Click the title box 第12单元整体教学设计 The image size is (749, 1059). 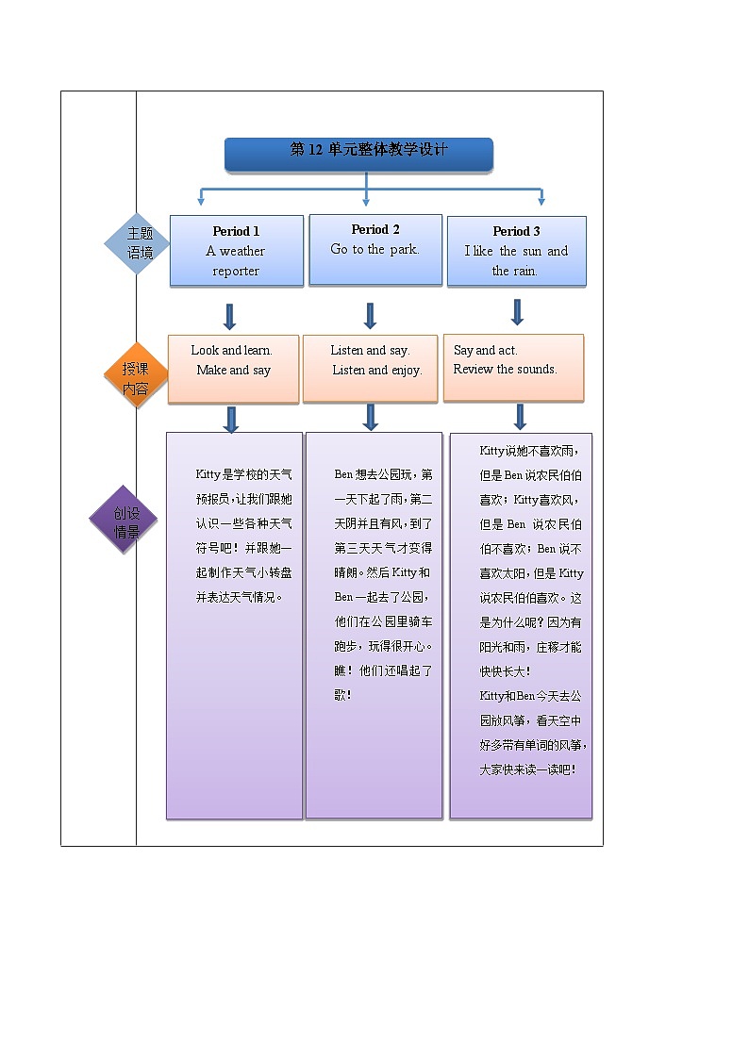(x=358, y=151)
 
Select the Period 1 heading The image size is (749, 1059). (x=236, y=231)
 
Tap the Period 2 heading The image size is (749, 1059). (x=375, y=229)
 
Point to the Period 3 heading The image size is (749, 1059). (x=516, y=231)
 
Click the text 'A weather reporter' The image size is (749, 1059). (x=236, y=261)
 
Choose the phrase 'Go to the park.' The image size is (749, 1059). (x=374, y=250)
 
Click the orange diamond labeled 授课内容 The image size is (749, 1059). (x=136, y=376)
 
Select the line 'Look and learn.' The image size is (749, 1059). (x=231, y=350)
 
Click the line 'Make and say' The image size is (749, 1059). (x=233, y=370)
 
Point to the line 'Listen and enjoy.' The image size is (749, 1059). (x=376, y=370)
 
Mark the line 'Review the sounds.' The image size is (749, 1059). (x=505, y=369)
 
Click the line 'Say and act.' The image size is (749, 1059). (x=485, y=350)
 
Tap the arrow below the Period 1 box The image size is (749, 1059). (x=229, y=315)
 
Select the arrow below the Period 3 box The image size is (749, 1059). (x=517, y=311)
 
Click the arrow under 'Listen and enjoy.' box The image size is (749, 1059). (x=371, y=417)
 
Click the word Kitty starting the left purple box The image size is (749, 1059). (x=207, y=474)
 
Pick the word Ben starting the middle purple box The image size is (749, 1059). (x=342, y=474)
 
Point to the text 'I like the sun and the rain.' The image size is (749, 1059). (x=516, y=261)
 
